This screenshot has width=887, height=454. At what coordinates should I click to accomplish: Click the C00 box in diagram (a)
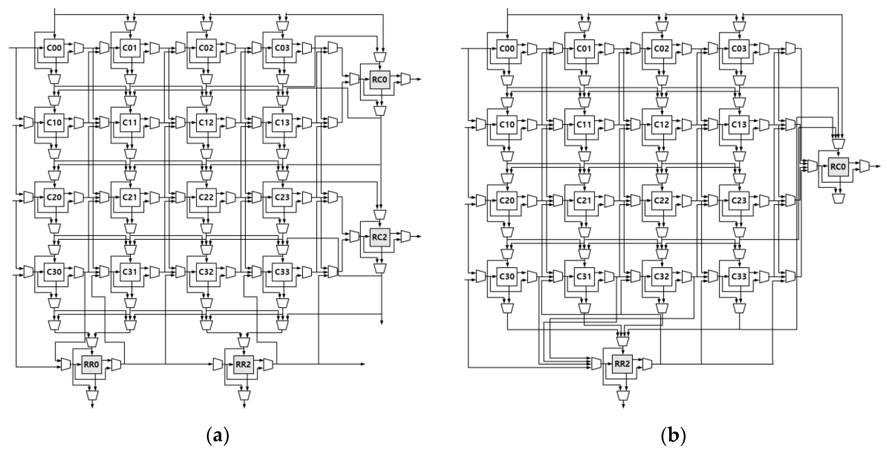click(54, 48)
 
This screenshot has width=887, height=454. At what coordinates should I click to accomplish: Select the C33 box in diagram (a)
click(282, 272)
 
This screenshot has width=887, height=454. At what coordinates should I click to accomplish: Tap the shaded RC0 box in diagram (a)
click(380, 80)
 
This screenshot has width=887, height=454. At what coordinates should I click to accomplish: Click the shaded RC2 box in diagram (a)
click(380, 237)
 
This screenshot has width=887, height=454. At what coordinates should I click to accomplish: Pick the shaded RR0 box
click(91, 365)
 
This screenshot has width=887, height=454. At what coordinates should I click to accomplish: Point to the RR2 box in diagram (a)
click(244, 365)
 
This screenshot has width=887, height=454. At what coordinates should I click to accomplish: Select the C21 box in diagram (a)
click(130, 197)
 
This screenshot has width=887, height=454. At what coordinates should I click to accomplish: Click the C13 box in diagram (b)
click(739, 125)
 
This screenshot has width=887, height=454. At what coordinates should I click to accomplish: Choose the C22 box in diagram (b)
click(661, 200)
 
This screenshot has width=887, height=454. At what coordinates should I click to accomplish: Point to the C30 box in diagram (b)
click(507, 276)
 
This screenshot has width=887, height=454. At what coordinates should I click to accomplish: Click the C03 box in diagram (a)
click(282, 48)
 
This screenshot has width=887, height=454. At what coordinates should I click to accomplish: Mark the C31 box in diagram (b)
click(584, 276)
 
